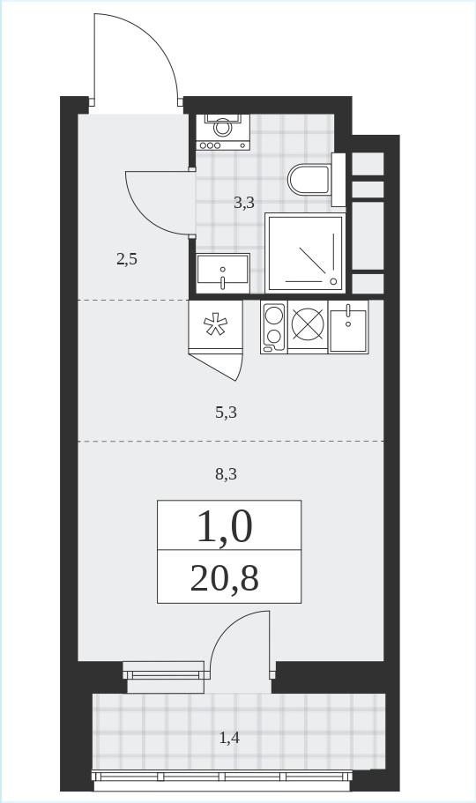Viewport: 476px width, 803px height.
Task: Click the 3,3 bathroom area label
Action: click(244, 204)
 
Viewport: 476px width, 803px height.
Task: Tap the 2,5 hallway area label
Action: click(127, 260)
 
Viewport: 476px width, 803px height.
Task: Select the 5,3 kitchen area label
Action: click(226, 413)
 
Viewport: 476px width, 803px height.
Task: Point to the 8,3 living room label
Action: click(226, 475)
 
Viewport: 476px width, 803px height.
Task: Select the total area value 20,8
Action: click(225, 579)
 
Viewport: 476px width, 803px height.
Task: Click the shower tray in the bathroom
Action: click(304, 254)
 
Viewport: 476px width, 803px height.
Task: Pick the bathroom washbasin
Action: click(223, 273)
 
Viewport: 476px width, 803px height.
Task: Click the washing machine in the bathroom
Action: click(223, 132)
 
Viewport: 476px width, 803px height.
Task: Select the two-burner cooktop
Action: click(273, 327)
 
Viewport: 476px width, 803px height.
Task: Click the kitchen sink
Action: click(348, 327)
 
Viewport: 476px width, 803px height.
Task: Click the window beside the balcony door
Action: click(164, 671)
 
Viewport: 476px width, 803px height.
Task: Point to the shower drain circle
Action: click(334, 280)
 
